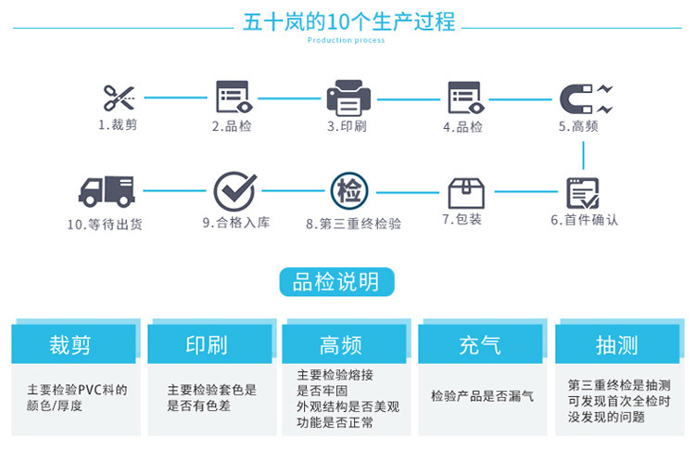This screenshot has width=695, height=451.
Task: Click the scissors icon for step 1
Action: pyautogui.click(x=118, y=97)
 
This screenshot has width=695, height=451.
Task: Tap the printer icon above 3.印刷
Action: pyautogui.click(x=347, y=97)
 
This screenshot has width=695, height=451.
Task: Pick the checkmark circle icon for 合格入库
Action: pyautogui.click(x=234, y=191)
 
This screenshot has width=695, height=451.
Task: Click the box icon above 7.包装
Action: pyautogui.click(x=466, y=192)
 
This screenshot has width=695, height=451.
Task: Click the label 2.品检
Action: pyautogui.click(x=232, y=126)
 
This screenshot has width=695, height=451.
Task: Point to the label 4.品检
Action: pyautogui.click(x=462, y=126)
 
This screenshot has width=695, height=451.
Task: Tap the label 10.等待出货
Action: pyautogui.click(x=105, y=224)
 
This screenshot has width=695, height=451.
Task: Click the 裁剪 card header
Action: pyautogui.click(x=71, y=345)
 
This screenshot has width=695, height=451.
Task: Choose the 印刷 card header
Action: pyautogui.click(x=207, y=345)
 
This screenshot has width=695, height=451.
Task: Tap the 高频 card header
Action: pyautogui.click(x=341, y=345)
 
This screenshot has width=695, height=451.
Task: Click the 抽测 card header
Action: pyautogui.click(x=616, y=345)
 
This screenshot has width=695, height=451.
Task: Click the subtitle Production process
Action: pyautogui.click(x=346, y=41)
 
